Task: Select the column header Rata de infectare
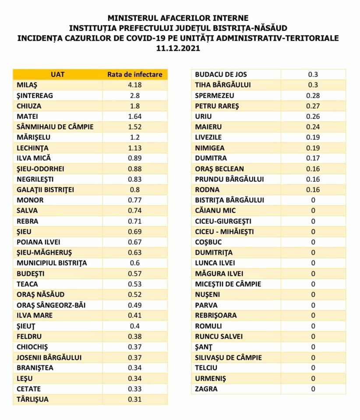pos(135,74)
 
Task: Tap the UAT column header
pos(57,74)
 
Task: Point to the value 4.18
pos(135,85)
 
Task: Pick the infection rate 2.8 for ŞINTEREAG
pos(135,95)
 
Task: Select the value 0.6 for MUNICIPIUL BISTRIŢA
pos(135,263)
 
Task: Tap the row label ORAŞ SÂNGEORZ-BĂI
pos(52,305)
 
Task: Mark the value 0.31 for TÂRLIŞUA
pos(135,399)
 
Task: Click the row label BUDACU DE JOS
pos(221,74)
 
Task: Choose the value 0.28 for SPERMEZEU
pos(313,95)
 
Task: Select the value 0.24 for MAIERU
pos(313,127)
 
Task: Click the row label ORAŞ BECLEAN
pos(219,169)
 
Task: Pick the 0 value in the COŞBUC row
pos(313,242)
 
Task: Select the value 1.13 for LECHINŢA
pos(135,148)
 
